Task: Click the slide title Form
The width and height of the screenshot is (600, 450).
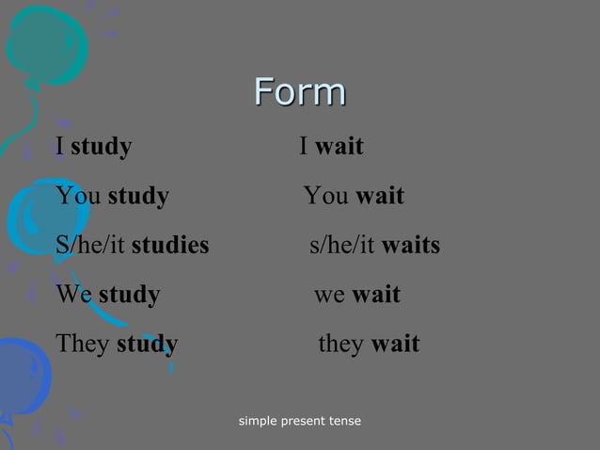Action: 300,92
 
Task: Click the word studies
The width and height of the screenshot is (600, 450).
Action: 170,246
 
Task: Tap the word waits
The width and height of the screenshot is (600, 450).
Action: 411,246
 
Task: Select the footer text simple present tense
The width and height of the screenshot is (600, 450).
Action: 300,420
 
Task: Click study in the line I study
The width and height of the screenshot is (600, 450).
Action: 101,147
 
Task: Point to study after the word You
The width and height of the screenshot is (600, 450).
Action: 138,197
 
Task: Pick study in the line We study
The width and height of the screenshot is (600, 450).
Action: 129,295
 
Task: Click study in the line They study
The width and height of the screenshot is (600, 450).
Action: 147,344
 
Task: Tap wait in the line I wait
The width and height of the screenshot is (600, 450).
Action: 339,147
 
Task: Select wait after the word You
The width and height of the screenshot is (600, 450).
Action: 380,197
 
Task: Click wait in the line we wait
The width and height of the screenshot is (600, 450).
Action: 376,295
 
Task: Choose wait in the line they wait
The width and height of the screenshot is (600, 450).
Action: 395,344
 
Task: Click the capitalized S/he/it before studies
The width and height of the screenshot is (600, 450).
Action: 90,246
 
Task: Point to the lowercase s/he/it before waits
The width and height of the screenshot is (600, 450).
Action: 343,246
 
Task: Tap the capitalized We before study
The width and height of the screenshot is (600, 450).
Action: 73,295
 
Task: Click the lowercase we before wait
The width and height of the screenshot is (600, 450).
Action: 329,295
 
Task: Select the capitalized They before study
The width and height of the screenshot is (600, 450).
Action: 83,344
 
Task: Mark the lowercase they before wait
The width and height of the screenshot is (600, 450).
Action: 341,344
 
